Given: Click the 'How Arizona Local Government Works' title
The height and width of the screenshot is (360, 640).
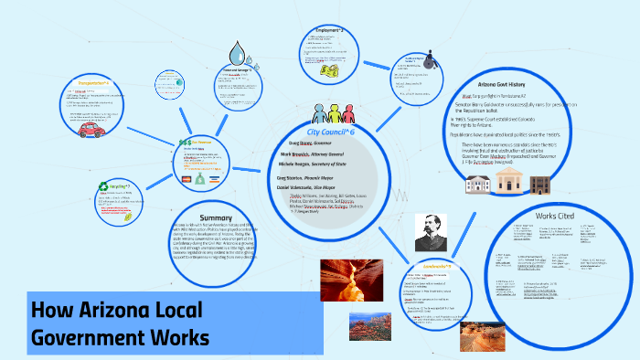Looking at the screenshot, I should [x=117, y=322].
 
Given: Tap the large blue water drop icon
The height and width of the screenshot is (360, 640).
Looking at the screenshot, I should [x=239, y=50].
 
